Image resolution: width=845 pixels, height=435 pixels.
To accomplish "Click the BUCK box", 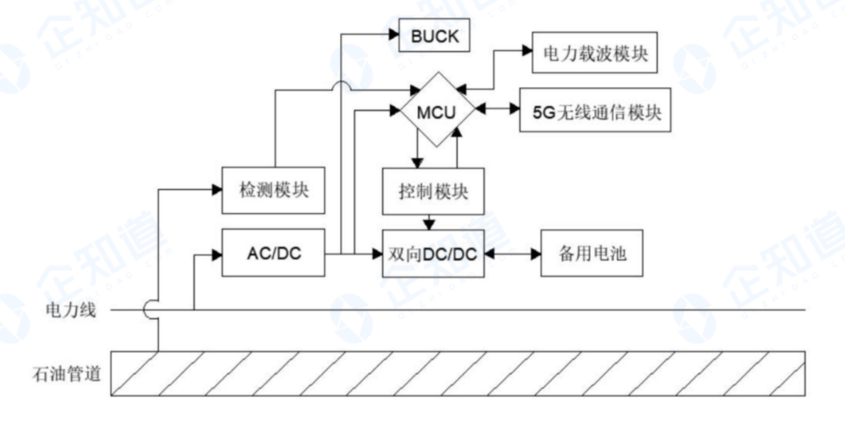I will (434, 36).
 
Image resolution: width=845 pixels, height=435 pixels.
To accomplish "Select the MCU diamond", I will (436, 112).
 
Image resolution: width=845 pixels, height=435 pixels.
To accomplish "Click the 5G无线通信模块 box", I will (595, 111).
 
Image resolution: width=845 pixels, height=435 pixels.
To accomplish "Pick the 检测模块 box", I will (274, 190).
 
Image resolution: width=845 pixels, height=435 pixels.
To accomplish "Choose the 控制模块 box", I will (433, 191).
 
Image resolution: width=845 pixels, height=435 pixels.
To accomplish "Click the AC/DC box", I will (273, 253).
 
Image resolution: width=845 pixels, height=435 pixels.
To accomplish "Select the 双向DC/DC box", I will (433, 253).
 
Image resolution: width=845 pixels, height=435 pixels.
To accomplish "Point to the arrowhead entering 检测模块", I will (217, 189).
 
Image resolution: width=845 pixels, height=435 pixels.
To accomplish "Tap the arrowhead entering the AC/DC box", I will (217, 253).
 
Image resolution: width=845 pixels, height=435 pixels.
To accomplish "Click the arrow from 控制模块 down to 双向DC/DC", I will (428, 222).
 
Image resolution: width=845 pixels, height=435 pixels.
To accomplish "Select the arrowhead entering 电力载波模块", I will (527, 50).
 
